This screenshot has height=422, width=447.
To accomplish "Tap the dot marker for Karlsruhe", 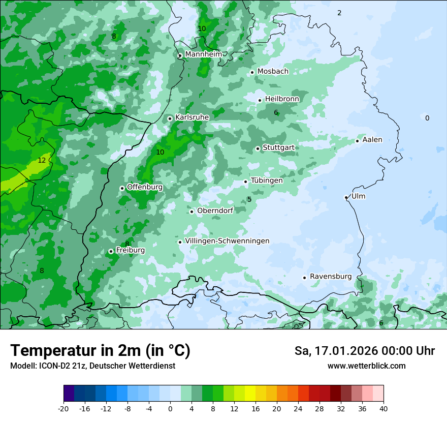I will pos(170,118).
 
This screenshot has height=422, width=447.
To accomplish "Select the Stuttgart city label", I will pos(278,147).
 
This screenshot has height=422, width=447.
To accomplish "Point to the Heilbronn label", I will pos(282,99).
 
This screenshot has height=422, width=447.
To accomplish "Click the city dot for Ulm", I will pos(346,197).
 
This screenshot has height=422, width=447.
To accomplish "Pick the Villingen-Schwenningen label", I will pos(227,241).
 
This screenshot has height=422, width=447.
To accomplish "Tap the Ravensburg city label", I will pos(331,277).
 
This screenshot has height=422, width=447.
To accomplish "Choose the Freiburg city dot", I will pos(111,251).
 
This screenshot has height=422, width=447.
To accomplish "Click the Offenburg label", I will pos(145,187).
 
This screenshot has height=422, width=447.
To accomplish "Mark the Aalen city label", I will pos(372,140).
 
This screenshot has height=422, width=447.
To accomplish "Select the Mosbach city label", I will pos(273,72).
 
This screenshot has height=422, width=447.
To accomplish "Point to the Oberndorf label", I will pos(215,210).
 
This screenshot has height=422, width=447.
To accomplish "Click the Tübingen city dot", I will pos(246,182).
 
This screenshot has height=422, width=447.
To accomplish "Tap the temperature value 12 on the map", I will pos(42,160).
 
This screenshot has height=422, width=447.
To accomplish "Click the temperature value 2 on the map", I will pos(339,13).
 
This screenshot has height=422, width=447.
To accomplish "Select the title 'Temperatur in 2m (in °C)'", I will pos(100,351).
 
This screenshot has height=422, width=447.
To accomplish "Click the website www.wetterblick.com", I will pos(366,366).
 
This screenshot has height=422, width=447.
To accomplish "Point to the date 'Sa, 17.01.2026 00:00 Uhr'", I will pos(364,351).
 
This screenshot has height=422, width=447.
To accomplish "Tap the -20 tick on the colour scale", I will pos(63,408).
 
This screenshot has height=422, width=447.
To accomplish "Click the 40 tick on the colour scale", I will pos(384,408).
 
